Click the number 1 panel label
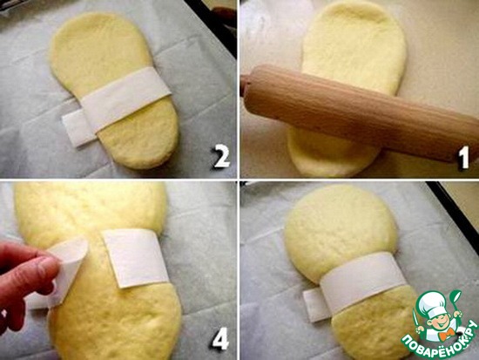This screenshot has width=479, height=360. (x=463, y=157)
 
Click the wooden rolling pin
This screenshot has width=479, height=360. (x=361, y=112)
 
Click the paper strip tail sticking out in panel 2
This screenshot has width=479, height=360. (x=78, y=128)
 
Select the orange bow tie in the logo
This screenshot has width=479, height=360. (x=445, y=334)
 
